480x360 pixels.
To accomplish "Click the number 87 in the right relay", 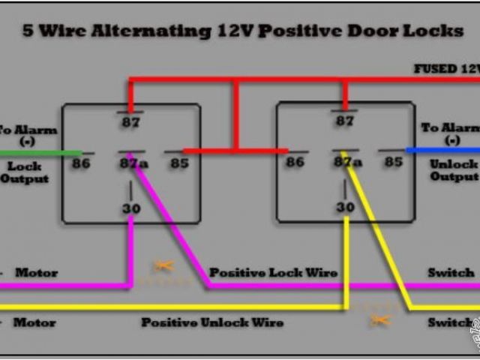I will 344,121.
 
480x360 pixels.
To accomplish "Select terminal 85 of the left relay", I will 178,162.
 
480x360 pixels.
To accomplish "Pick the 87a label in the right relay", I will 347,162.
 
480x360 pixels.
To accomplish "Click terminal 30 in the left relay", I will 131,208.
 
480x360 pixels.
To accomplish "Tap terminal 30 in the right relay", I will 345,207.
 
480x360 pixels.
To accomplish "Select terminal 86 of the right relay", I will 295,162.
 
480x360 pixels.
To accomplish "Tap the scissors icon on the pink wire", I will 163,265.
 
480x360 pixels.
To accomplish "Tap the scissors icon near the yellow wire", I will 379,320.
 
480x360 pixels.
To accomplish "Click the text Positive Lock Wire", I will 273,272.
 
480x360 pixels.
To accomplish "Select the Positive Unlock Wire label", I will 212,322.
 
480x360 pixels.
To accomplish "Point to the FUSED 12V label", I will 446,68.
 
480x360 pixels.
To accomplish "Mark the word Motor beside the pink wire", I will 35,272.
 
